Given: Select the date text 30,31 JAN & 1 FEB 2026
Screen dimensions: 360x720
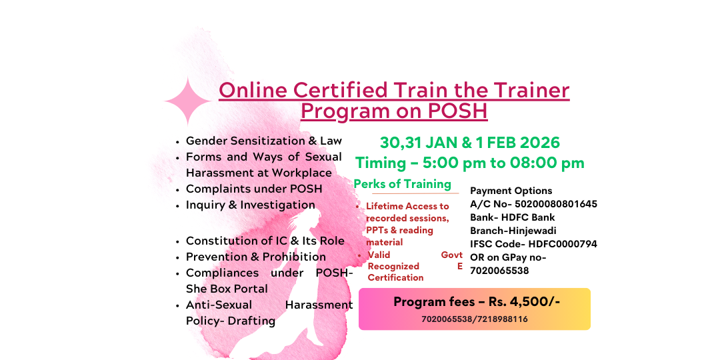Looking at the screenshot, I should tap(469, 143).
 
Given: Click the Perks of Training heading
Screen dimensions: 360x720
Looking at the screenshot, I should tap(402, 184).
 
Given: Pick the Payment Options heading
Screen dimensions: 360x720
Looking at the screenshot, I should tap(511, 191).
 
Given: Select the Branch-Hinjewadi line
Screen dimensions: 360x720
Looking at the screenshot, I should tap(513, 231).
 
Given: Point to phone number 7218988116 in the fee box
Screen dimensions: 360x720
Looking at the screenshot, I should tap(501, 319).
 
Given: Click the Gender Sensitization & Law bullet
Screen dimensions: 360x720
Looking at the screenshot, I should tap(263, 141).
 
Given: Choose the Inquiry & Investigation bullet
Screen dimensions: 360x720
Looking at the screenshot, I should tap(250, 205).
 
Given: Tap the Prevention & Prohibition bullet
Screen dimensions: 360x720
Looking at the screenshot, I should tap(255, 257).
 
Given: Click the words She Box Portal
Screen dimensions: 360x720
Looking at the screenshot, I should tap(227, 289).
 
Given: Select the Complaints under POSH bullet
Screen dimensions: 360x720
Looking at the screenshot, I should tap(253, 189).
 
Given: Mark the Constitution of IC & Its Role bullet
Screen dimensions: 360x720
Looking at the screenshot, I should tap(265, 241).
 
